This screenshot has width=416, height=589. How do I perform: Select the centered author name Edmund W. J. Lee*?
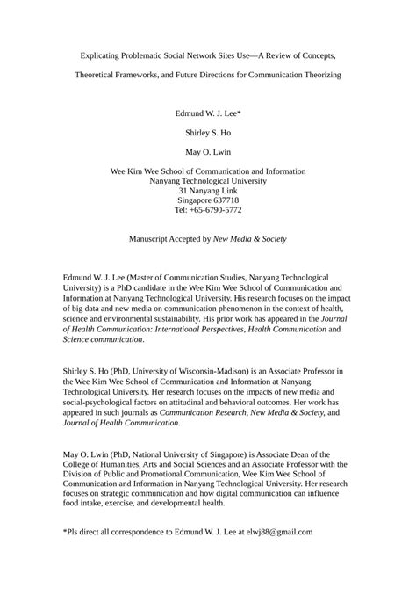(x=208, y=113)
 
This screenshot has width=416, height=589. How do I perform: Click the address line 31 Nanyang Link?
(x=208, y=190)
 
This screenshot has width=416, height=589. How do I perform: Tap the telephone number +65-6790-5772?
(x=217, y=211)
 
